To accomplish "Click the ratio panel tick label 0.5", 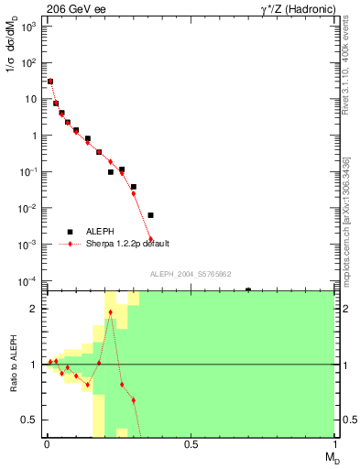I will coord(29,420).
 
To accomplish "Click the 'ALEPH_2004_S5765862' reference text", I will coord(190,274).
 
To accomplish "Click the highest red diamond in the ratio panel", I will coord(111,312).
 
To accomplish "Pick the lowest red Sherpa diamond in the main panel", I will coord(150,239).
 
